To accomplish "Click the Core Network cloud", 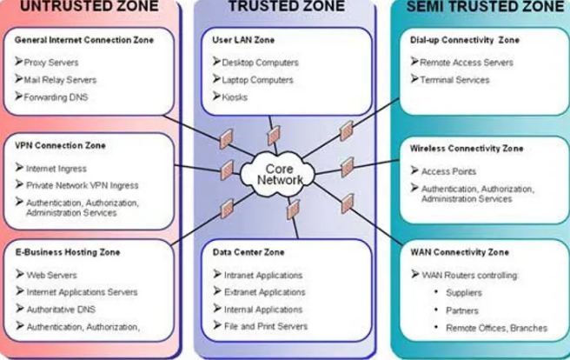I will [281, 171].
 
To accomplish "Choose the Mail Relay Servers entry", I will [62, 80].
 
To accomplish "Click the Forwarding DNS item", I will [57, 97].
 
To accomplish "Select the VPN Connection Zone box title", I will [56, 145].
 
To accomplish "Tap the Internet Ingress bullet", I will [56, 168].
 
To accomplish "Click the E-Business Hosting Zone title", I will [67, 252].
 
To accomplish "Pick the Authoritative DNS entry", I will [61, 309].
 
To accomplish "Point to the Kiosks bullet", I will [235, 97].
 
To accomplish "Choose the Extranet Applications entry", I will [264, 291].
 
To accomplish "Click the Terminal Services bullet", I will [454, 80].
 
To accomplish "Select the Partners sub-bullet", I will [462, 310].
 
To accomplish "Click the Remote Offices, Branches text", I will [496, 328].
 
